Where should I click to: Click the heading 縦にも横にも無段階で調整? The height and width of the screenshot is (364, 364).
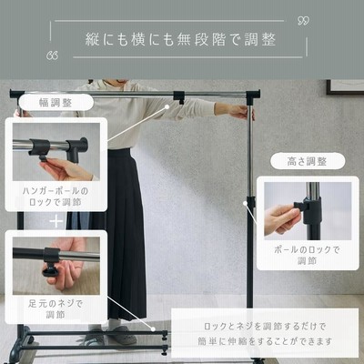coord(180,39)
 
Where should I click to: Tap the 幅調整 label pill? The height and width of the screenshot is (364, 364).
coord(56,103)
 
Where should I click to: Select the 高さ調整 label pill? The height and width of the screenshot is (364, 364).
coord(308,161)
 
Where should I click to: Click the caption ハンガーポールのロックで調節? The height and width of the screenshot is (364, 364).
coord(56,197)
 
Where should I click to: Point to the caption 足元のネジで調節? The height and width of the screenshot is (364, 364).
coord(56,308)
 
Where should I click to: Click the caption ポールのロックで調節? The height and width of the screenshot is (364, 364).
coord(307,255)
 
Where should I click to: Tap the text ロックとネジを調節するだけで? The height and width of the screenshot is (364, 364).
coord(265,327)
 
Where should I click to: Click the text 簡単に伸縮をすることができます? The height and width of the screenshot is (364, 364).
coord(265,341)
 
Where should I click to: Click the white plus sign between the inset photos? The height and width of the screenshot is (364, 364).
coord(56,221)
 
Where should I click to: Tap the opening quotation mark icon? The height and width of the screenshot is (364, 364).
coord(53,56)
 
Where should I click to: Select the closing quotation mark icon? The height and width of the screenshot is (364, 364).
coord(303,21)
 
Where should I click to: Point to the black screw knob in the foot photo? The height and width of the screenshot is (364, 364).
coord(50,270)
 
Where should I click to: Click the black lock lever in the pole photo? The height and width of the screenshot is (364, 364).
coord(300,206)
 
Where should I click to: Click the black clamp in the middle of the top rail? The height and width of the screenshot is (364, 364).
coord(179,97)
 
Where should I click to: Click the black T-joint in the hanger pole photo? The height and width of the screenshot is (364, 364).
coord(77,148)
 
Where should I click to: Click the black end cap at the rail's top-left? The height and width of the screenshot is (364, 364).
coord(17,94)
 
